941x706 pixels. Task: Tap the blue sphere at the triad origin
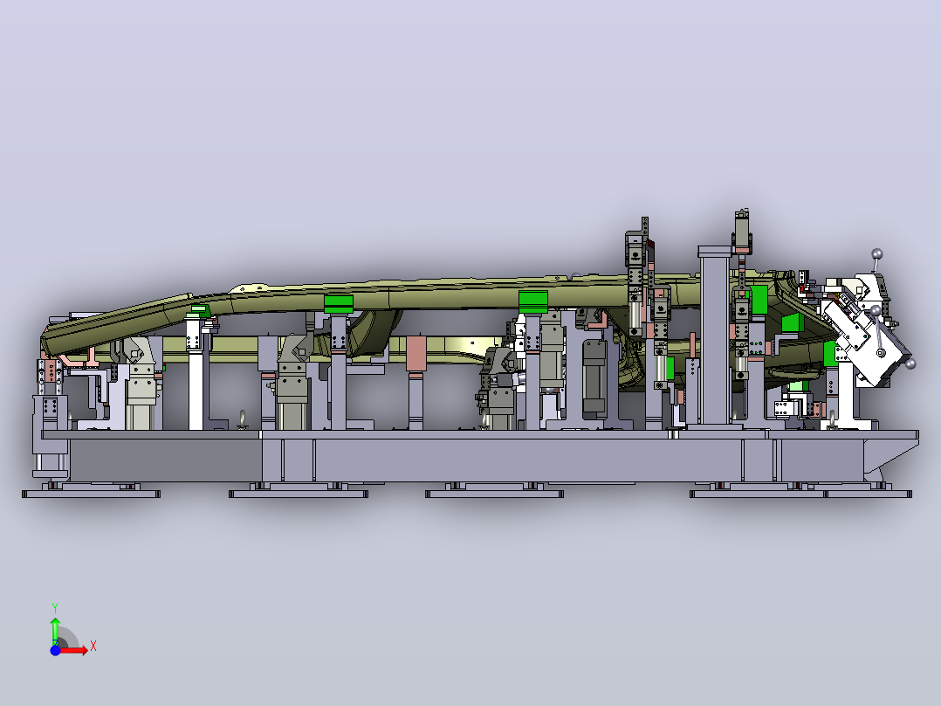pyautogui.click(x=55, y=650)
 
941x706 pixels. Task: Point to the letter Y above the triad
pyautogui.click(x=55, y=608)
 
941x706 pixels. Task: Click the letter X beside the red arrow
pyautogui.click(x=93, y=647)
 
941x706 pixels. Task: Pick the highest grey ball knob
pyautogui.click(x=876, y=253)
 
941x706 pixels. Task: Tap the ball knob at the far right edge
pyautogui.click(x=910, y=363)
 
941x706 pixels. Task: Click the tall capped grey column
pyautogui.click(x=715, y=336)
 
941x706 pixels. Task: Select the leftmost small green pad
pyautogui.click(x=199, y=310)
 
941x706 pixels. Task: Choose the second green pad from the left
pyautogui.click(x=339, y=304)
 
